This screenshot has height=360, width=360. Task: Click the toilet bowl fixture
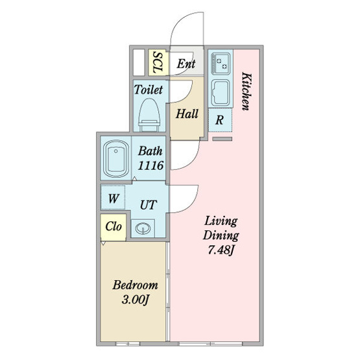(149, 115)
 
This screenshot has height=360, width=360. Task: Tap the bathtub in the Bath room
(116, 159)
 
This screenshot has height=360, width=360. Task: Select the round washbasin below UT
(143, 228)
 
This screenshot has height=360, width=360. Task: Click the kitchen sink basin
(221, 93)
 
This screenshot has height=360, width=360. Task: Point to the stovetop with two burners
(221, 63)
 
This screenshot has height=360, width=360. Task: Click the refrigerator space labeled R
(220, 120)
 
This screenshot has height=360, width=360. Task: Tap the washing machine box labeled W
(113, 198)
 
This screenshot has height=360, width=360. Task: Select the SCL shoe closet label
(158, 62)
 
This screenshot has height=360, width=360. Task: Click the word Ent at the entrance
(186, 64)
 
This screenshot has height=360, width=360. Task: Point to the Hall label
(187, 114)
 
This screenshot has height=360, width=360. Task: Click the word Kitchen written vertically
(246, 91)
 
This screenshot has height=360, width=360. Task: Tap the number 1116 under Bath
(150, 165)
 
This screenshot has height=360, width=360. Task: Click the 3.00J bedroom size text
(135, 300)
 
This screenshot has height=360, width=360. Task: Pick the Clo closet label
(114, 226)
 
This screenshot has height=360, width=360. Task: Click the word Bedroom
(135, 285)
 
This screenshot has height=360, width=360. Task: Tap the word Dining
(221, 235)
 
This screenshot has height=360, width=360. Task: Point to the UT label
(149, 205)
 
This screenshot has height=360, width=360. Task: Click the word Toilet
(149, 90)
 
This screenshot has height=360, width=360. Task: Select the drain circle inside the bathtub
(116, 151)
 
